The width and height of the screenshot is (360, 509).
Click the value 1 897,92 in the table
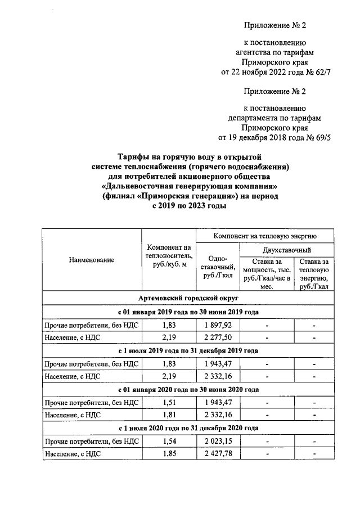(x=218, y=325)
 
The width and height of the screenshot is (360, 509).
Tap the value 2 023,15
(x=218, y=442)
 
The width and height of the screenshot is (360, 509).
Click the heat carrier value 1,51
(x=169, y=403)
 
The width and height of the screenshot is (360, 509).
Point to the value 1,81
(x=169, y=415)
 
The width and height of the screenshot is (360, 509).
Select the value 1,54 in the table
(x=169, y=442)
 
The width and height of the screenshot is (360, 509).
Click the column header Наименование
(x=92, y=260)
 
